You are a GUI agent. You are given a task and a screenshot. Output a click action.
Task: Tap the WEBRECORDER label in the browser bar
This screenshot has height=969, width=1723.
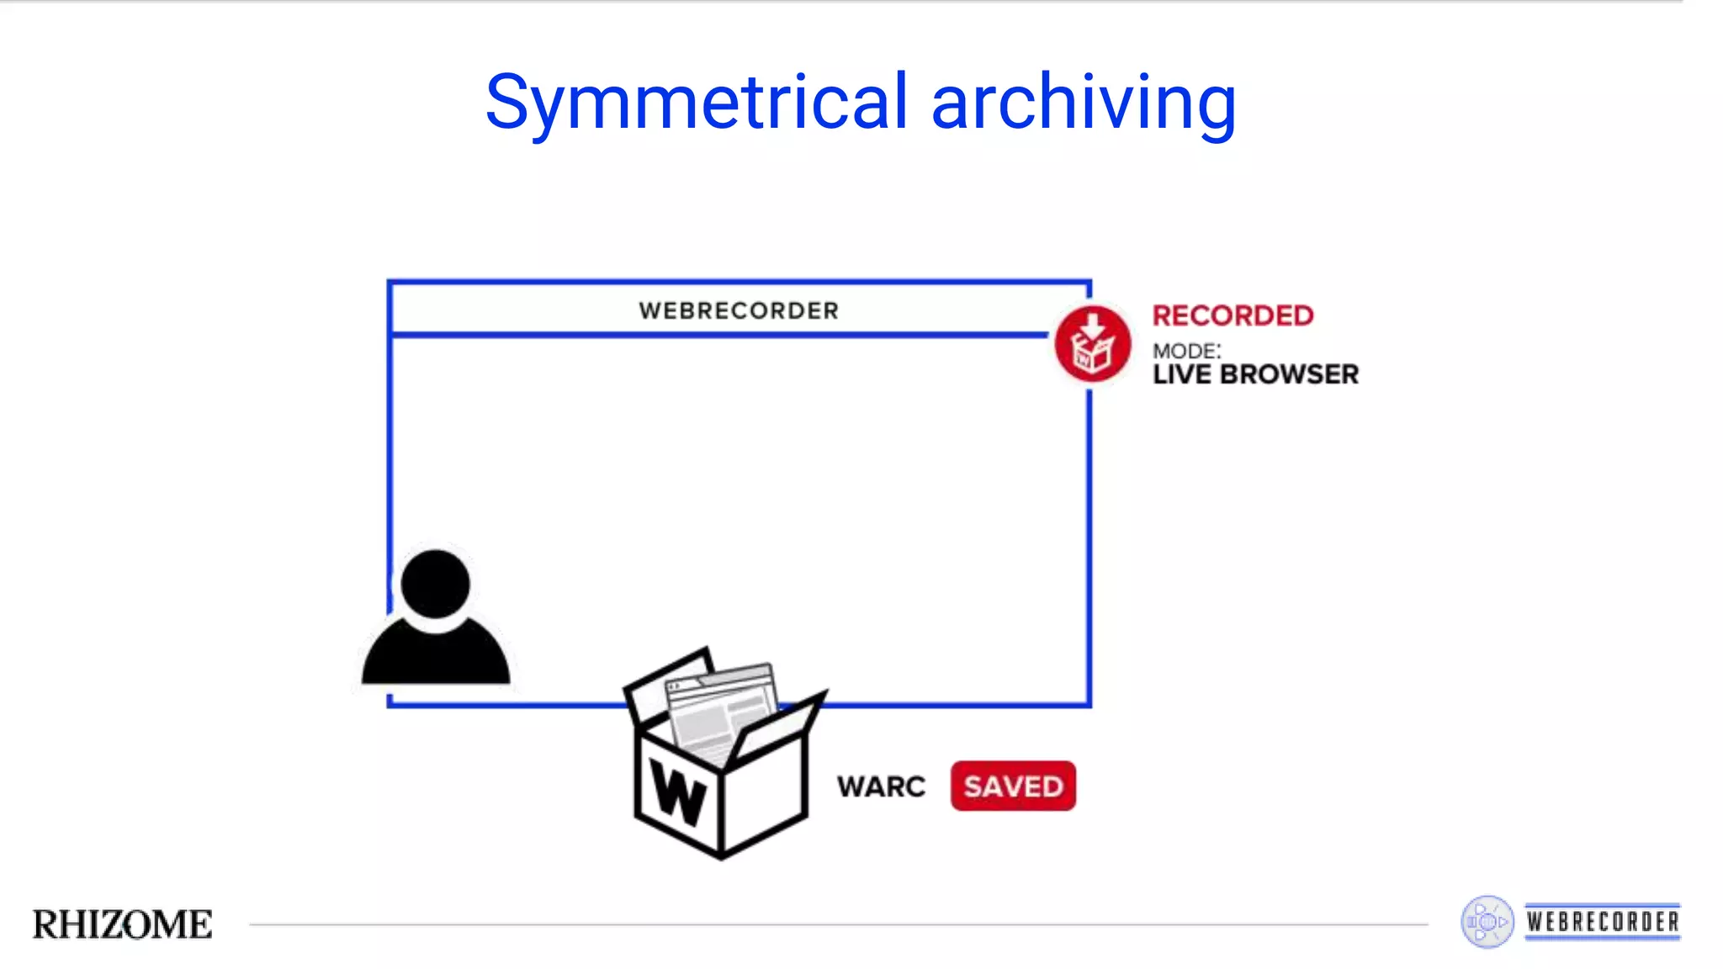coord(739,310)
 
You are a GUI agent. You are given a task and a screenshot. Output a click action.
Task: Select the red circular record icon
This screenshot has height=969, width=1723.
coord(1092,344)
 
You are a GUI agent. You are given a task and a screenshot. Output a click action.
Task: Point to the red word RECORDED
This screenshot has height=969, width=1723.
coord(1233,315)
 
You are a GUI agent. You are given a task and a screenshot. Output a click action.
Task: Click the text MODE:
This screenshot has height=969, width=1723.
coord(1186,351)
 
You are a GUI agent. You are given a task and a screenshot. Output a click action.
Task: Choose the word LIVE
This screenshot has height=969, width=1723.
coord(1182,374)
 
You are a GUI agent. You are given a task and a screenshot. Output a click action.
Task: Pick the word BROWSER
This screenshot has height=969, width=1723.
coord(1289,374)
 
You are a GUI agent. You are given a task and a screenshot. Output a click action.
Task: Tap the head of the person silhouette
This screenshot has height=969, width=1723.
coord(435,584)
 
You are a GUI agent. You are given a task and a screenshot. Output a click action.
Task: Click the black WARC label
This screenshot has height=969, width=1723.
coord(881,786)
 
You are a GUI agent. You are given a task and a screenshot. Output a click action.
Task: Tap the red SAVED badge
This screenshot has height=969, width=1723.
coord(1013,786)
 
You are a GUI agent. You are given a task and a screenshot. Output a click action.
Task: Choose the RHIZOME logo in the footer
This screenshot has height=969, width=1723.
coord(123,924)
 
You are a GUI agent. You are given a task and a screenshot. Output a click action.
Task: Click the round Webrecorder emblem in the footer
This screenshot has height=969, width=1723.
coord(1487,922)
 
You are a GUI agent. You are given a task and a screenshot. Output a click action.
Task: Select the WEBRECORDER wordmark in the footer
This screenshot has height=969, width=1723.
coord(1603,922)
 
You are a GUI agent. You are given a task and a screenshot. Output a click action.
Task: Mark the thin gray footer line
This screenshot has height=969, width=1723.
coord(841,924)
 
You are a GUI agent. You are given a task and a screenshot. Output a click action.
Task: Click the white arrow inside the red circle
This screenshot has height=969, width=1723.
coord(1092,325)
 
